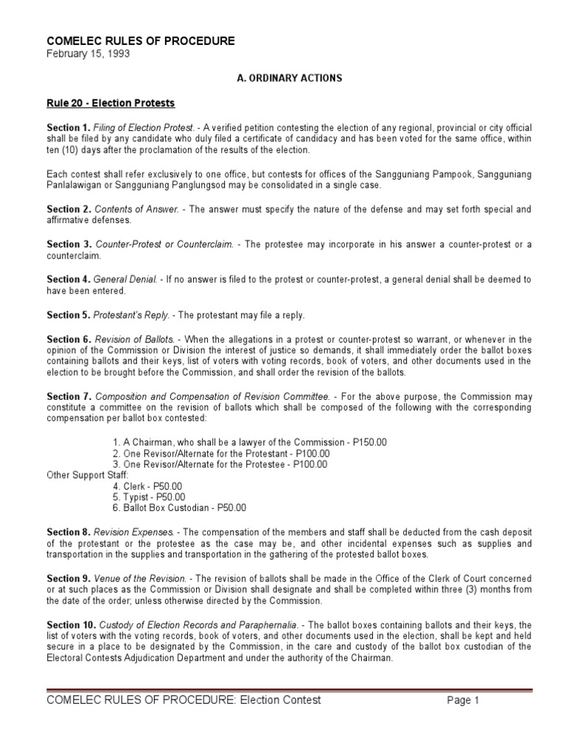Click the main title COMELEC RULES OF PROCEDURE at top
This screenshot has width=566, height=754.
point(141,40)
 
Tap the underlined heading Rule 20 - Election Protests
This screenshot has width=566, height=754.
point(111,102)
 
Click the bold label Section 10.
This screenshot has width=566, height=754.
point(71,625)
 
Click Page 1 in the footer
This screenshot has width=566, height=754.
point(463,700)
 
